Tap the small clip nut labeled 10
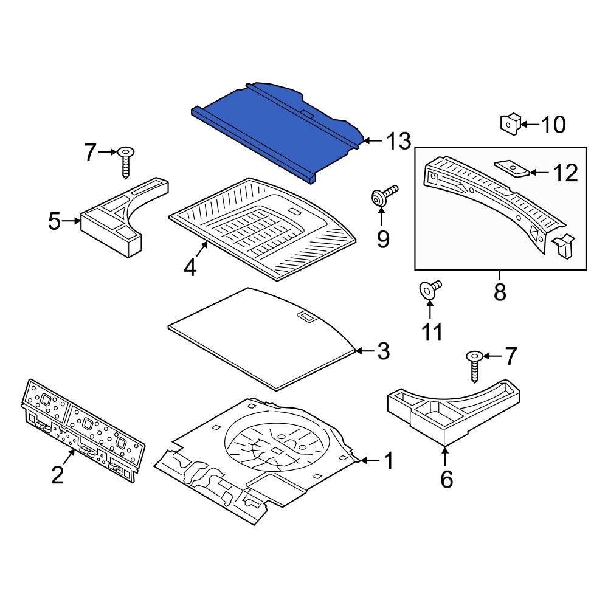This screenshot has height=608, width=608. click(509, 123)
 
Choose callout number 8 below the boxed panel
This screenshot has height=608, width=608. click(500, 292)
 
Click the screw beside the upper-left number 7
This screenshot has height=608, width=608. click(127, 161)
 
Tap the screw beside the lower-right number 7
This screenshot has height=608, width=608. click(475, 366)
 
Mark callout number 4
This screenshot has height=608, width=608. click(190, 268)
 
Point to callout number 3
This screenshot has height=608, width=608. click(383, 351)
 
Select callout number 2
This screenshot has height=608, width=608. click(57, 474)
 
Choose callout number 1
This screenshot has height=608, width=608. click(387, 461)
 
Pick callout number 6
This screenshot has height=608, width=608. click(447, 480)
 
